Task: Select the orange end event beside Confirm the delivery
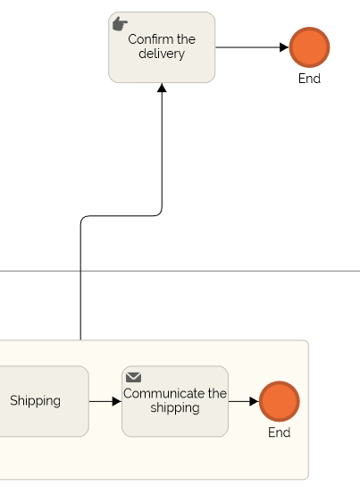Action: [x=309, y=47]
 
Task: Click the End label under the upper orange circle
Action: [x=309, y=79]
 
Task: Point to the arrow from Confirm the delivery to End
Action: [x=250, y=47]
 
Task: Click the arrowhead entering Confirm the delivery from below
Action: [x=162, y=88]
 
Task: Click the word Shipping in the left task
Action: [x=35, y=401]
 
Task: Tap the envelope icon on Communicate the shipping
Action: [x=133, y=378]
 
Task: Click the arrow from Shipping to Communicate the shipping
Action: [x=104, y=402]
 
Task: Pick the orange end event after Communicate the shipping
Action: [x=279, y=402]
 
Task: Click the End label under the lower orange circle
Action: [x=279, y=433]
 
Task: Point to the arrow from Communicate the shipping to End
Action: [x=242, y=402]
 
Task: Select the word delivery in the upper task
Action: [x=162, y=54]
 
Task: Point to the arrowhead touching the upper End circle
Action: [x=284, y=47]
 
